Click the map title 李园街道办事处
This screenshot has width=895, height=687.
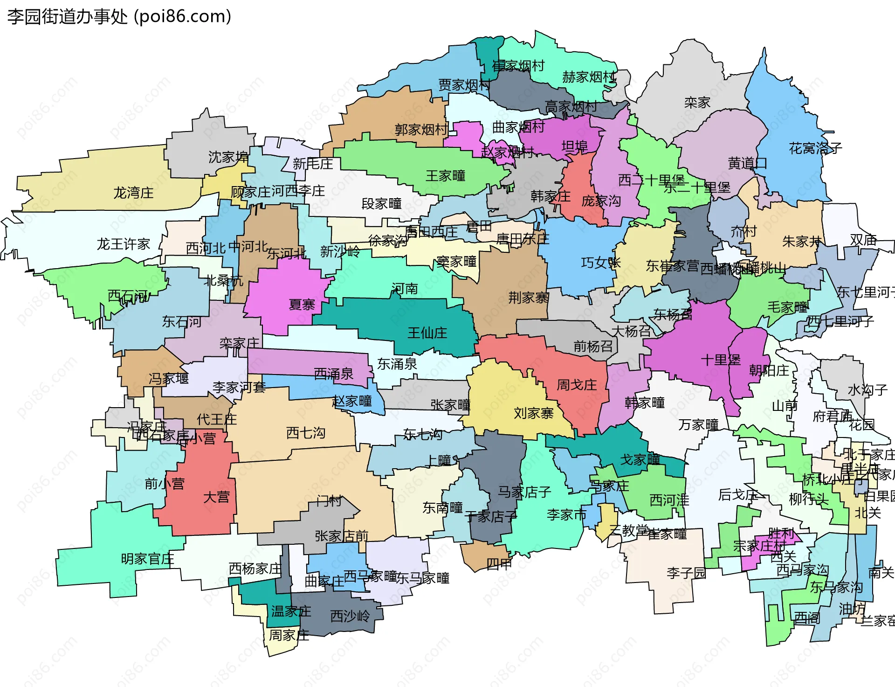[x=68, y=16]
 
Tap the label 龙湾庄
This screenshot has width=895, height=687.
[x=133, y=193]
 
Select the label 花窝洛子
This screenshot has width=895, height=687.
[x=815, y=148]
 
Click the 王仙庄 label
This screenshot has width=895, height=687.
[x=427, y=333]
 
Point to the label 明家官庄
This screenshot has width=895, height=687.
[x=147, y=558]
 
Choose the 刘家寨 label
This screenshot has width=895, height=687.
[x=533, y=413]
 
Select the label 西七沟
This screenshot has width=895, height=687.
[x=305, y=433]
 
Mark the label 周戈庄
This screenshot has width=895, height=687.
[x=577, y=385]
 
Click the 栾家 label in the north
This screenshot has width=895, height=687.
[x=697, y=102]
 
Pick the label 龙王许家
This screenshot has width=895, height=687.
[x=123, y=243]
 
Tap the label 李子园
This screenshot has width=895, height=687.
[x=686, y=573]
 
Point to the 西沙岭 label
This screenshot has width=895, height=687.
[x=350, y=616]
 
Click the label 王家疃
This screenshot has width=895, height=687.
[x=445, y=176]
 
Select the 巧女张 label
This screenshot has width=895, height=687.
[x=600, y=263]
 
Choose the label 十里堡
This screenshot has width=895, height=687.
[x=720, y=360]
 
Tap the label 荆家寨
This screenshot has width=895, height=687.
[x=528, y=297]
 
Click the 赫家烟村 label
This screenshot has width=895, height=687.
[x=589, y=76]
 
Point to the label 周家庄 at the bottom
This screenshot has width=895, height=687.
[x=289, y=635]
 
